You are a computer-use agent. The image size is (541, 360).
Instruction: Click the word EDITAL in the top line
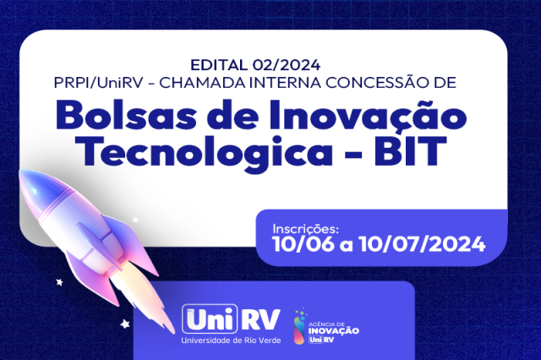click(x=220, y=65)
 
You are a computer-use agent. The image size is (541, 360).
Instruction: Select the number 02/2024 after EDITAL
click(x=287, y=65)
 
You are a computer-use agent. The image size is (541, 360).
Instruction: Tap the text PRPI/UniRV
click(x=98, y=83)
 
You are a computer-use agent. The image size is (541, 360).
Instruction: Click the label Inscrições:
click(x=306, y=229)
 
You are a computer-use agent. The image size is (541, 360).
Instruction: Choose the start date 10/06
click(x=303, y=244)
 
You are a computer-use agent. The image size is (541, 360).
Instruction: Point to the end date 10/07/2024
click(x=422, y=244)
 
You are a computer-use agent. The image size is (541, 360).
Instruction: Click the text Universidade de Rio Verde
click(x=231, y=341)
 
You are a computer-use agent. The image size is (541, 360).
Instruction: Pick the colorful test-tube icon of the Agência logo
click(x=299, y=326)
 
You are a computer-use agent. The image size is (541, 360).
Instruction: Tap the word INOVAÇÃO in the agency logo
click(x=334, y=330)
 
